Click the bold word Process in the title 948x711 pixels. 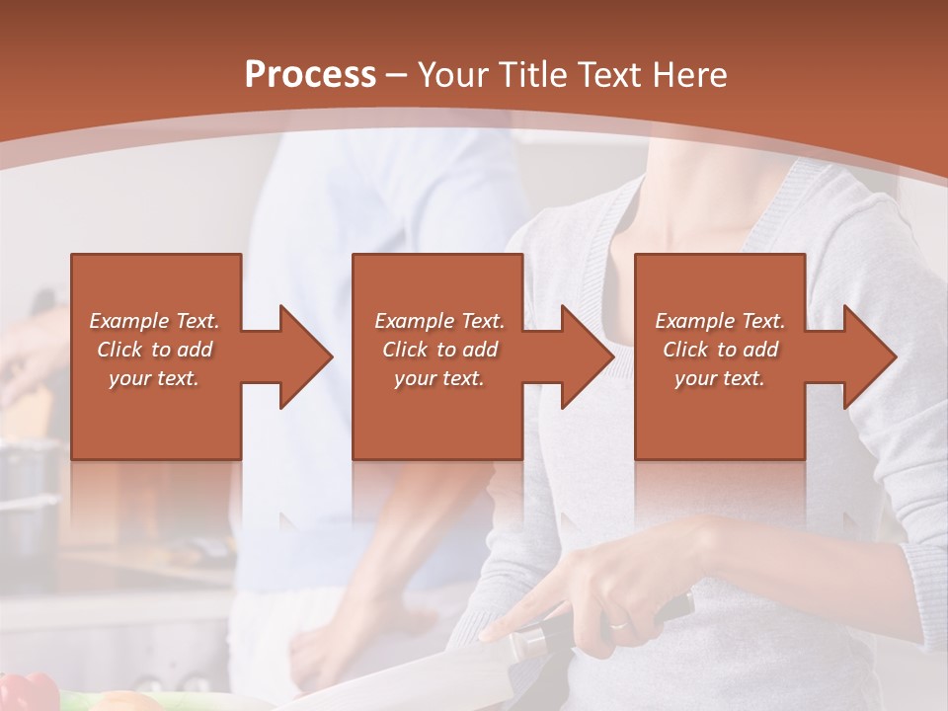[310, 75]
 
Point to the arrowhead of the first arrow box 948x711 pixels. [304, 356]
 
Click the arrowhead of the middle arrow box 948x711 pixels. [586, 356]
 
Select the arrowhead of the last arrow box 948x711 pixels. [868, 356]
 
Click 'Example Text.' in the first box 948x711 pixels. [155, 321]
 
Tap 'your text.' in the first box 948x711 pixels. [155, 378]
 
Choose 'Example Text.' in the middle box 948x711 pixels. [439, 321]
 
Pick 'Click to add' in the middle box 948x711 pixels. [439, 350]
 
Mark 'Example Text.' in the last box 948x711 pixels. [720, 321]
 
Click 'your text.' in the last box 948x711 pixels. [720, 378]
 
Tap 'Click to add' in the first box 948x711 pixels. [155, 350]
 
